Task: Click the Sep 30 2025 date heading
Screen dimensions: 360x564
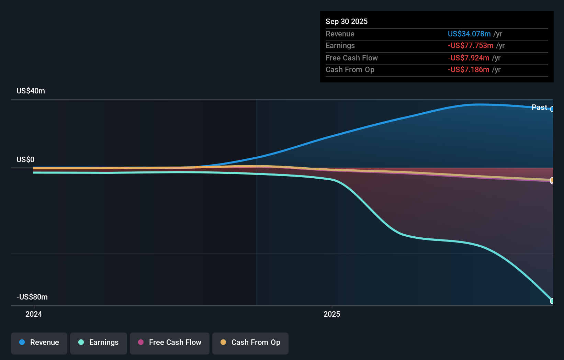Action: click(346, 21)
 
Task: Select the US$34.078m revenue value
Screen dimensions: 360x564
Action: click(469, 34)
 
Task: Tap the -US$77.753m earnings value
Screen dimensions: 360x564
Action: click(470, 46)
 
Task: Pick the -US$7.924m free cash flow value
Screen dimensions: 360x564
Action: click(468, 58)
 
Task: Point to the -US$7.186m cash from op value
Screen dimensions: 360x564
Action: click(468, 70)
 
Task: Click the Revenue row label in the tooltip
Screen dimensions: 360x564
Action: click(340, 34)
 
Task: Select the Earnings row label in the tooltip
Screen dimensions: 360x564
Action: click(340, 46)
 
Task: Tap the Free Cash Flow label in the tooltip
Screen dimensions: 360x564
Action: click(351, 58)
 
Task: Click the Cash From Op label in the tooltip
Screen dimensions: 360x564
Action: click(350, 70)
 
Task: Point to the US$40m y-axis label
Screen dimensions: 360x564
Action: click(31, 91)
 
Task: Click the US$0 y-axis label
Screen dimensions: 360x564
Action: click(25, 159)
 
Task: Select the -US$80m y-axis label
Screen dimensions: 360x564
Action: click(32, 297)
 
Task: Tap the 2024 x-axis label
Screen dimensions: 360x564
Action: click(34, 314)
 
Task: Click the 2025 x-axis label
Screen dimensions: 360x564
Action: click(332, 314)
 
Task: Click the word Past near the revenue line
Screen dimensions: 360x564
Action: click(539, 107)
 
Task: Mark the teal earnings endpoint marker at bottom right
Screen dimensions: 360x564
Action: click(552, 301)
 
